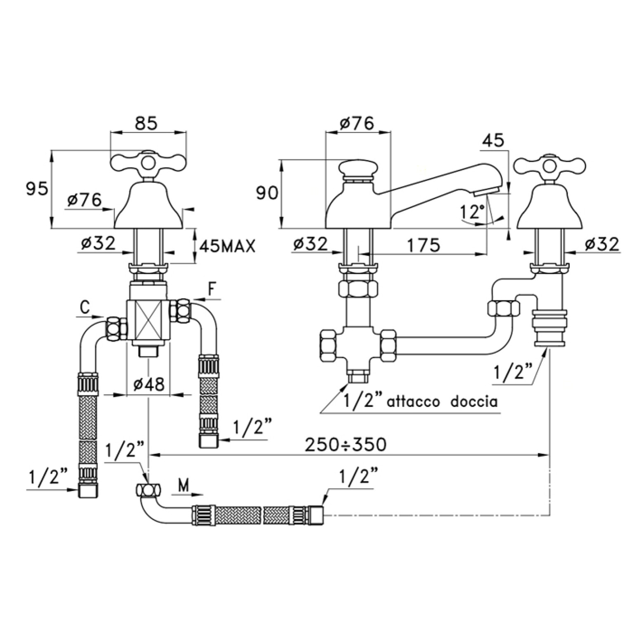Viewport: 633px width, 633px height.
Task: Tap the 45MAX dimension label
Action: click(x=227, y=246)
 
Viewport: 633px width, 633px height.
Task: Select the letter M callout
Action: click(x=184, y=487)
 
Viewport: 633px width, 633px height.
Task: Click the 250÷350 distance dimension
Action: click(x=346, y=444)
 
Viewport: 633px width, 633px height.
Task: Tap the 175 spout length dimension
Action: click(x=423, y=245)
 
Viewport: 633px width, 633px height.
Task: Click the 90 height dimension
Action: click(x=267, y=193)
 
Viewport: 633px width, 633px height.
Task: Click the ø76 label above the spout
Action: click(x=357, y=123)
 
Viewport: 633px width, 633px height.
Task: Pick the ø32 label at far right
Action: click(x=602, y=245)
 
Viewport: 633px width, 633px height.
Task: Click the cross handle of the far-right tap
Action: click(x=549, y=165)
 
